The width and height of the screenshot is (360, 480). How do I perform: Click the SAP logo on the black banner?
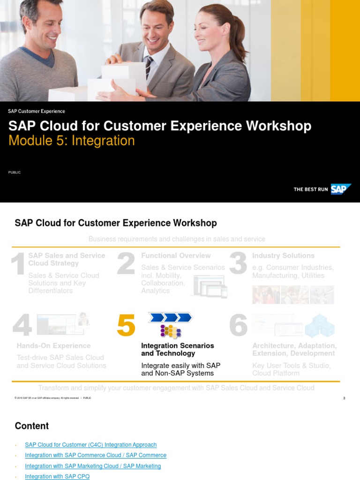pos(341,189)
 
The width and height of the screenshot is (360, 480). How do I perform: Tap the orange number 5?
pos(126,325)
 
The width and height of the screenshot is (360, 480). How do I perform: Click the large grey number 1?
pos(18,264)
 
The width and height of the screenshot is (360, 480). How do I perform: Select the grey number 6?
pos(238,325)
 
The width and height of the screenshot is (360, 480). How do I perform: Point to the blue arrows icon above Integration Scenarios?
pos(170,317)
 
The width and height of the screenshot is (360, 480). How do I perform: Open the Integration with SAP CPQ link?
pos(57,476)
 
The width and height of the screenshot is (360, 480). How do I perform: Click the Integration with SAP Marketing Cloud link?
pos(93,466)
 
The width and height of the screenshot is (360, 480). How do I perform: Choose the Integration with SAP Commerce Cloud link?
pos(96,455)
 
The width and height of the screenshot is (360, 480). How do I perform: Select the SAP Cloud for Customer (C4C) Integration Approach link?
pos(91,445)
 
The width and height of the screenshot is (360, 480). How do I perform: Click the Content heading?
pos(32,426)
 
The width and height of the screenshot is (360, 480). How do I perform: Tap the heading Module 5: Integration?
pos(71,141)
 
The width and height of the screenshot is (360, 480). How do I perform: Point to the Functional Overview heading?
pos(176,255)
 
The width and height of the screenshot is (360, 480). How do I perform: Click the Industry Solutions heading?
pos(283,255)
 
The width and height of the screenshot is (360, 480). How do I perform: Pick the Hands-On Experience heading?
pos(53,345)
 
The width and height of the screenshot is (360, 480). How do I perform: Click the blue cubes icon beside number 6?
pos(320,326)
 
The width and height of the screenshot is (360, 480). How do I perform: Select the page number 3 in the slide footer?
pos(344,398)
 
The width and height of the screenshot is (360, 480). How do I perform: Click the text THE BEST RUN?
pos(310,189)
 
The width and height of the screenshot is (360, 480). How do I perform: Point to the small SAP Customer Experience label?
pos(37,111)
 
